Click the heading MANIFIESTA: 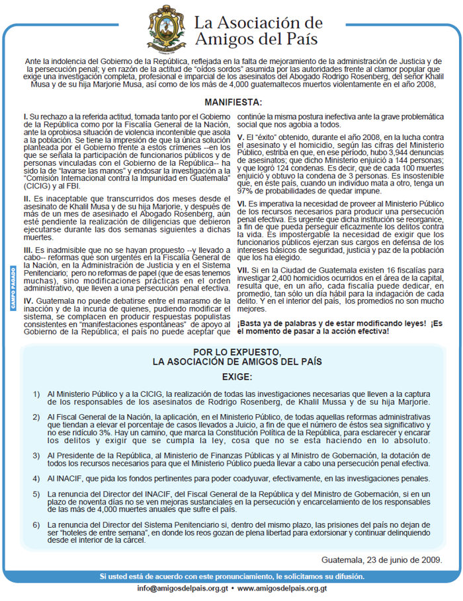(x=232, y=102)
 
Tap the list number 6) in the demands (x=38, y=524)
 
